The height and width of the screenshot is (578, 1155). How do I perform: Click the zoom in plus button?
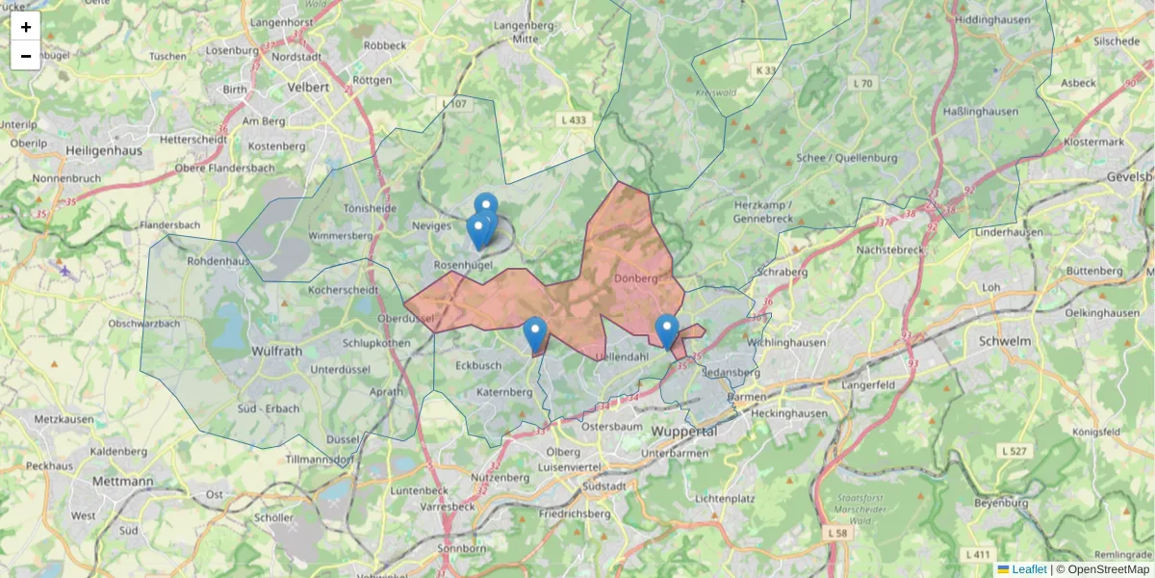(x=26, y=27)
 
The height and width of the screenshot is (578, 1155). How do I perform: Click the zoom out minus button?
(x=26, y=56)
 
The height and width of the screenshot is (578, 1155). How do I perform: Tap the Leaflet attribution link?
(x=1029, y=569)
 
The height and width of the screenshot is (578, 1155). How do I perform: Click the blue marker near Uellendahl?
(x=667, y=330)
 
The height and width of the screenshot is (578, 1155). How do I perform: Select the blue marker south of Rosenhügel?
(x=535, y=334)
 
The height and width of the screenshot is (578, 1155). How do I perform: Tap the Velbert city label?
(x=308, y=87)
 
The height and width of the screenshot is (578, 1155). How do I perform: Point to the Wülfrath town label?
(x=278, y=351)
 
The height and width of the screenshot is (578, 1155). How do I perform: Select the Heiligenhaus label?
(x=104, y=150)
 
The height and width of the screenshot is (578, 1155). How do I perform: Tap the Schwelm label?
(x=1004, y=341)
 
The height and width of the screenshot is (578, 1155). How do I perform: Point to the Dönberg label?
(x=634, y=278)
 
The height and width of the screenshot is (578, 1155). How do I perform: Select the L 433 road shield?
(x=573, y=120)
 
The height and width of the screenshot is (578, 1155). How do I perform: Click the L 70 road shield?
(x=862, y=84)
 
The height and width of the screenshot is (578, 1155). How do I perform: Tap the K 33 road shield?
(x=766, y=70)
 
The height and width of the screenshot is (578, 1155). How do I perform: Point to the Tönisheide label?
(x=370, y=207)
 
